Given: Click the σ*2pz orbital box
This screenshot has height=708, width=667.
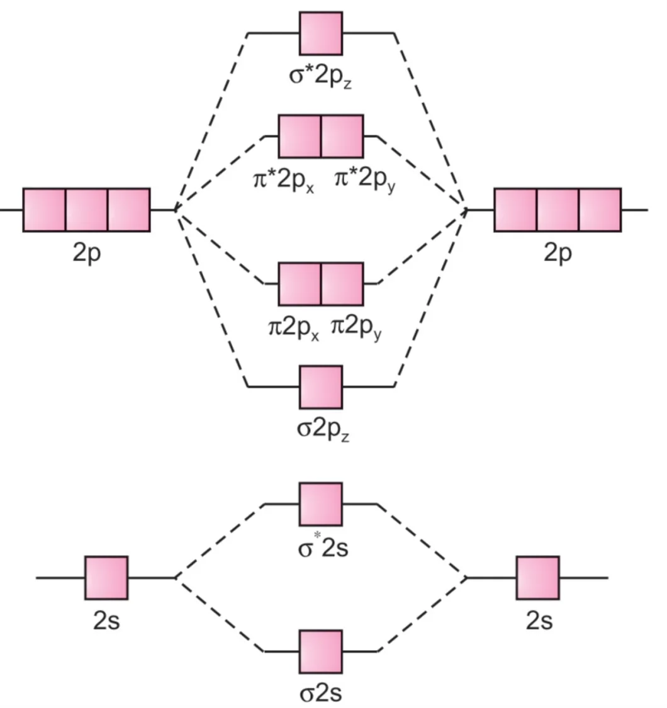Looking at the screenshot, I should coord(321,33).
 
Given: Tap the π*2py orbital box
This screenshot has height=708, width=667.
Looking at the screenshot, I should coord(342,136).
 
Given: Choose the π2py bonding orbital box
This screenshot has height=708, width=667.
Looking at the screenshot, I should coord(342,284).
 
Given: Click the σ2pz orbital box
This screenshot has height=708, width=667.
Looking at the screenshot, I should coord(321,387).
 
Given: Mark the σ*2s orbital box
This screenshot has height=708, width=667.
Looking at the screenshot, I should coord(321,504).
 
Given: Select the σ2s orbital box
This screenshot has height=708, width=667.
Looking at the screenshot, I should coord(321,651).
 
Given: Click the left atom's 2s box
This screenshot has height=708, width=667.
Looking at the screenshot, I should coord(106,578).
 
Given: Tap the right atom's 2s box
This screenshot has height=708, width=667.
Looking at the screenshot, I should coord(538,578).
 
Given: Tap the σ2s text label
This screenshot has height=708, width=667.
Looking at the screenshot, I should coord(320,694).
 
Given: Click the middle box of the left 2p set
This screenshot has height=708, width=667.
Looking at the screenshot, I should coord(87,210).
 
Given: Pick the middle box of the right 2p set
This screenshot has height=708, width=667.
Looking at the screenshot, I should coord(558,210).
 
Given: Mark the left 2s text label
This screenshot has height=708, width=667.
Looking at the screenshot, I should coord(106,621).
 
